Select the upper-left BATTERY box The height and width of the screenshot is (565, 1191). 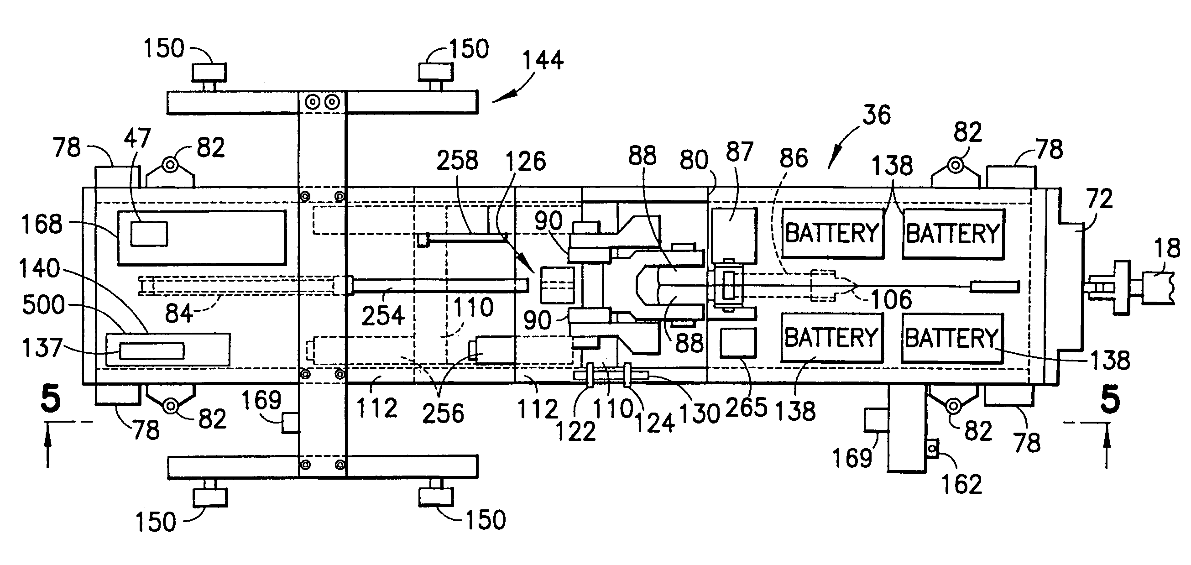coord(832,233)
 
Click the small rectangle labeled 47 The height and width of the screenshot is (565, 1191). coord(149,234)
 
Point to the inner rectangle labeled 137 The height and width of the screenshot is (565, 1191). coord(151,351)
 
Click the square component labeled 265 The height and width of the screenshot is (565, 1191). coord(738,343)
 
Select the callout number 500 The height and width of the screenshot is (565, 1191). coord(43,306)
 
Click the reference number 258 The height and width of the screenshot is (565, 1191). coord(457,161)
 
